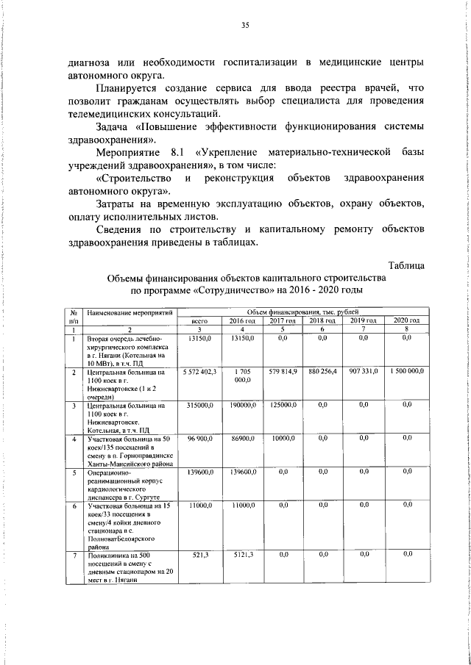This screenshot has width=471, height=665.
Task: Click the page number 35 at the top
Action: click(x=245, y=26)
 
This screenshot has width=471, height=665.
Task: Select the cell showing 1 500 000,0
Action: click(x=408, y=373)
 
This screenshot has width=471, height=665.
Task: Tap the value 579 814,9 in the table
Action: click(x=282, y=373)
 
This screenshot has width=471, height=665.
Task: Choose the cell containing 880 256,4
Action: click(x=322, y=373)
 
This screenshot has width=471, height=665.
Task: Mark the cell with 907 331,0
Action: click(x=364, y=373)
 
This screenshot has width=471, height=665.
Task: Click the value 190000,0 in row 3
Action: click(x=241, y=405)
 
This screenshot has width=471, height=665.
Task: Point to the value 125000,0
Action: click(x=282, y=405)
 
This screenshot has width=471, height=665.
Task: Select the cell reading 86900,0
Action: click(x=241, y=439)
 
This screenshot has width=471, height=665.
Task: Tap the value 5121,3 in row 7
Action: click(x=242, y=554)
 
